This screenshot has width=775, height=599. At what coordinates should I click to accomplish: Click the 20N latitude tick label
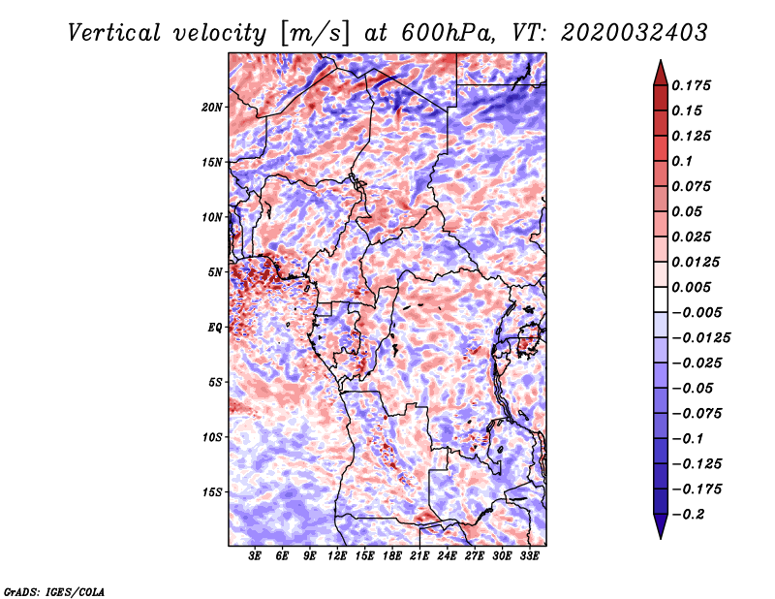tap(212, 107)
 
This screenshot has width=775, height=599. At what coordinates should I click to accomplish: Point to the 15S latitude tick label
tap(212, 492)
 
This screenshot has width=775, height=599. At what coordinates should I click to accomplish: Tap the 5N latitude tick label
tap(215, 272)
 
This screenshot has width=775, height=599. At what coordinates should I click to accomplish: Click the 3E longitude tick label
tap(255, 556)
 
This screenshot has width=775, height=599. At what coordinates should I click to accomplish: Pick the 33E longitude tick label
tap(530, 556)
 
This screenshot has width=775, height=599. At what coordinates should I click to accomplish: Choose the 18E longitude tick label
tap(392, 556)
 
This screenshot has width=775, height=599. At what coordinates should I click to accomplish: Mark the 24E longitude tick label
tap(448, 556)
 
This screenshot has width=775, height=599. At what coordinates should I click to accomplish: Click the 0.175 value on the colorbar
tap(695, 85)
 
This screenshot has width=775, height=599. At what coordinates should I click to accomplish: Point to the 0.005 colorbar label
tap(695, 288)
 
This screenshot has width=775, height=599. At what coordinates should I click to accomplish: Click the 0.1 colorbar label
tap(687, 161)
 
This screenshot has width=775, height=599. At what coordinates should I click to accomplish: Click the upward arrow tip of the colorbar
tap(660, 63)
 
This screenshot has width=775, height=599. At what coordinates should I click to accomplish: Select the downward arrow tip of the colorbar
tap(660, 536)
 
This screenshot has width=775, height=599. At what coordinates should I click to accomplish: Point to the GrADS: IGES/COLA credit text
tap(53, 590)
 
